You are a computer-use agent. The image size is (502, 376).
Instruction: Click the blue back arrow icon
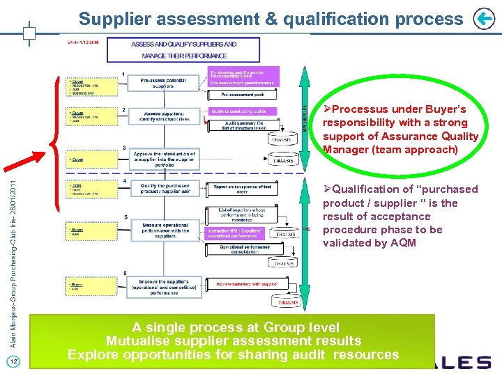pyautogui.click(x=483, y=19)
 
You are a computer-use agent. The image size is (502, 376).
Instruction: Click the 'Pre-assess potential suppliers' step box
pyautogui.click(x=163, y=83)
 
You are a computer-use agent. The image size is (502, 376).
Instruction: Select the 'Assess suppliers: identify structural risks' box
pyautogui.click(x=163, y=116)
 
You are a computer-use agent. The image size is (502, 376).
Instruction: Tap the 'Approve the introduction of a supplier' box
pyautogui.click(x=164, y=158)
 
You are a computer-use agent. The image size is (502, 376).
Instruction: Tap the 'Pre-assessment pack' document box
pyautogui.click(x=242, y=94)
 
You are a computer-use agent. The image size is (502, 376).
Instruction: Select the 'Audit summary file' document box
pyautogui.click(x=245, y=125)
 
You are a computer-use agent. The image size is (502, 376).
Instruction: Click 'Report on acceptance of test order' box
pyautogui.click(x=243, y=189)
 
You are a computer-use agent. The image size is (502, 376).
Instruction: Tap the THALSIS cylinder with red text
pyautogui.click(x=288, y=301)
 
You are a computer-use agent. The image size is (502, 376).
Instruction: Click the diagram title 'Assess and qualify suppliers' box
pyautogui.click(x=184, y=49)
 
